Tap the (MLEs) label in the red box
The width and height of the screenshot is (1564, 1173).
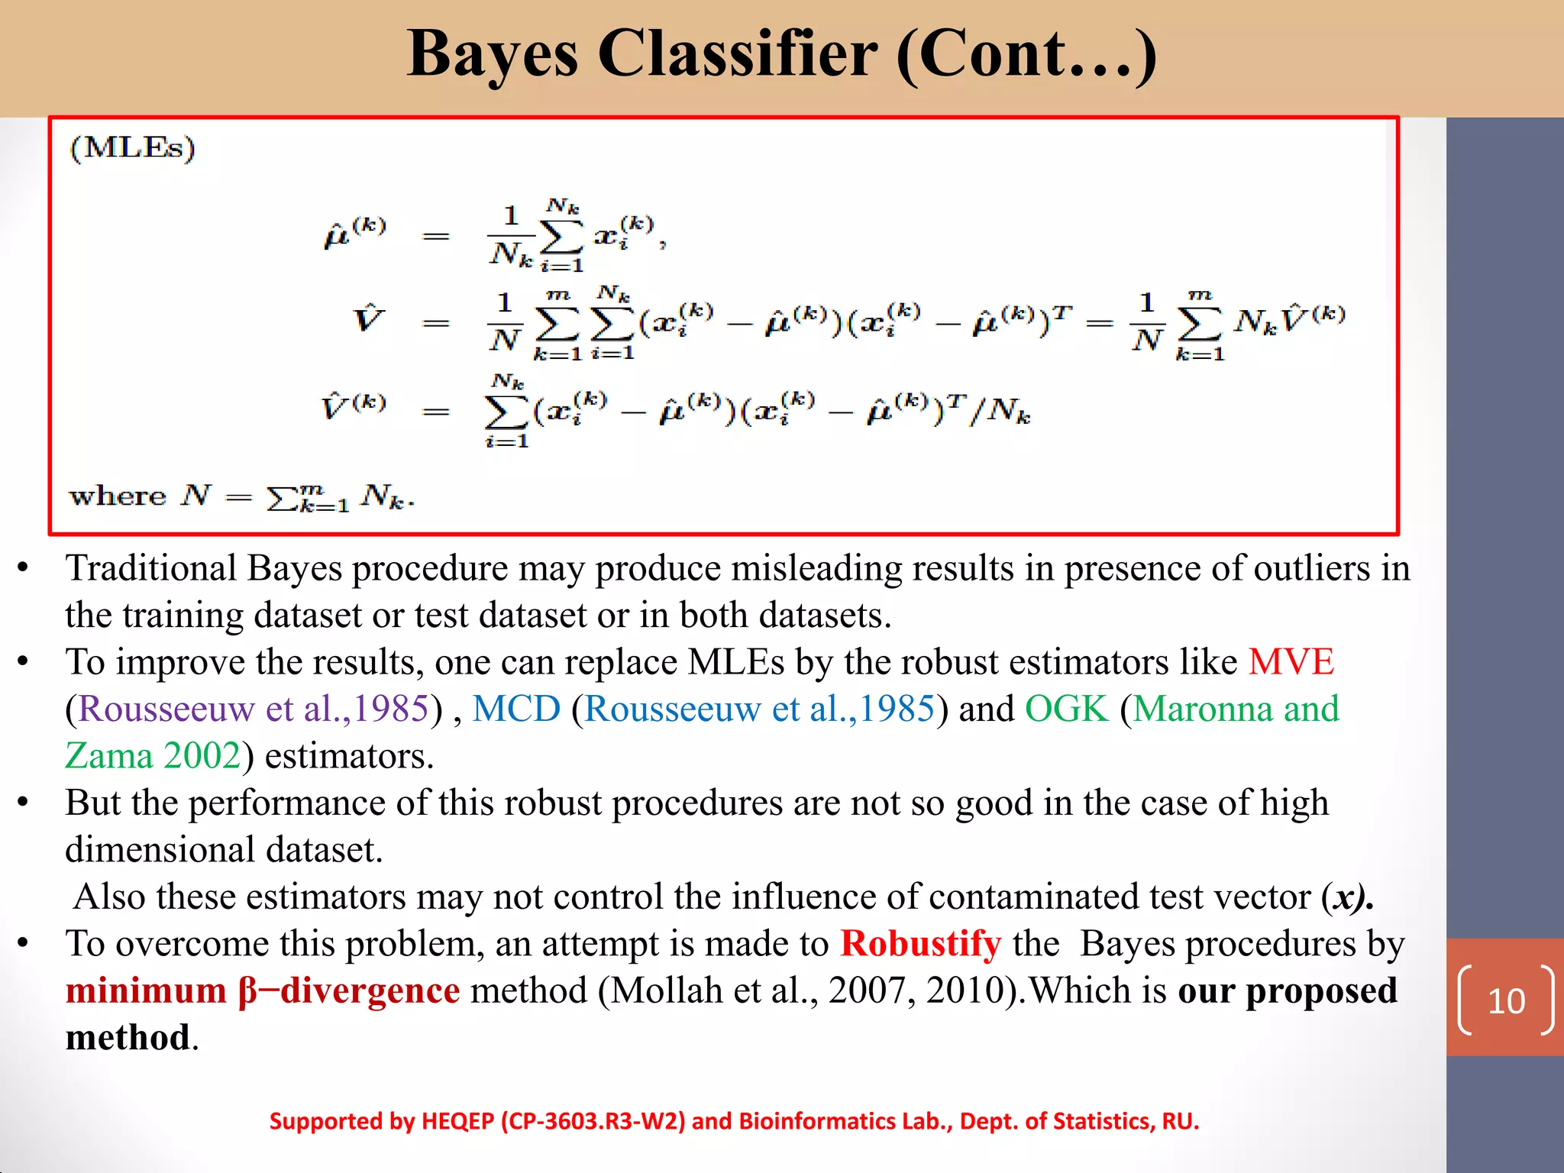[x=132, y=147]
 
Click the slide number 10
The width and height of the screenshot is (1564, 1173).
[x=1506, y=1001]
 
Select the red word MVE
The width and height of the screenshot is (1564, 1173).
[x=1291, y=662]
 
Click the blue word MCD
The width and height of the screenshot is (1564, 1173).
[x=516, y=709]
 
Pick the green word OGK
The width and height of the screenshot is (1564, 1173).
[x=1066, y=709]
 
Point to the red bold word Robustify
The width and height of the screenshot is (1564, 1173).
[x=920, y=944]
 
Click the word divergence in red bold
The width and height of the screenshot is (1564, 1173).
[x=370, y=991]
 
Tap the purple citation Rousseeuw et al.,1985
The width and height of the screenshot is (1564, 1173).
[x=254, y=709]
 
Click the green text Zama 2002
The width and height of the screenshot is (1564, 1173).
[x=153, y=756]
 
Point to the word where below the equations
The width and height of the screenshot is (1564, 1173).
[x=117, y=496]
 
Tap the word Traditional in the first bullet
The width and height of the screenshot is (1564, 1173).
[x=151, y=569]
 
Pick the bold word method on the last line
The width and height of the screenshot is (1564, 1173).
[x=128, y=1038]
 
